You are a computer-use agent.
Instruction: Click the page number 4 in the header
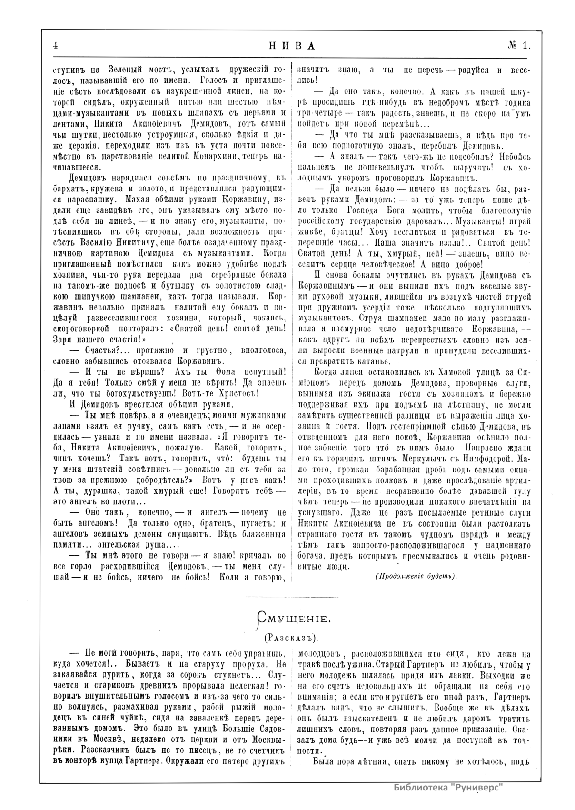(55, 45)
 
